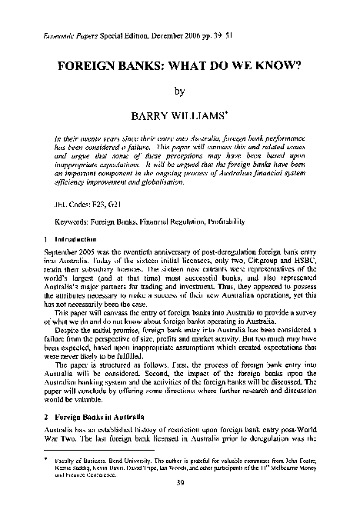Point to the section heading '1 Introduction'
[x=56, y=239]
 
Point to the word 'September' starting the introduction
[x=54, y=254]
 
